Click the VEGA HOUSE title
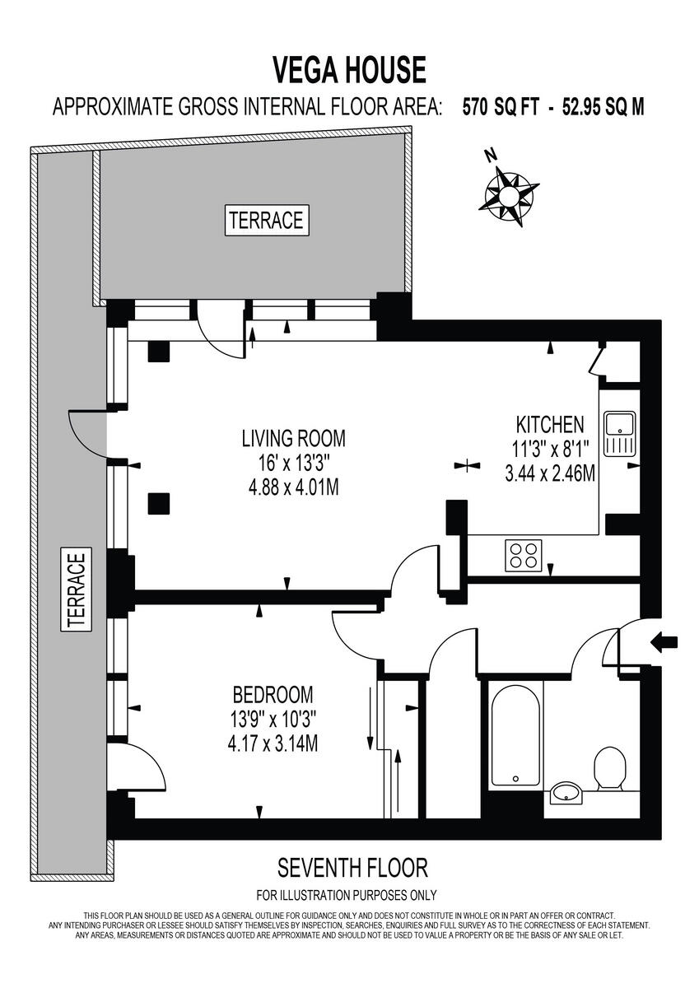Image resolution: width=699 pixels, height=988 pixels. point(349,69)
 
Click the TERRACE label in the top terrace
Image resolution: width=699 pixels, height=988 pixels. point(266,220)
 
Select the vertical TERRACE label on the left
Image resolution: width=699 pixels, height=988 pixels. point(76,591)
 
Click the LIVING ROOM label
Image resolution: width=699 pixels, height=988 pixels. point(293,437)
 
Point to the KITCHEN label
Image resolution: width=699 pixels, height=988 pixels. point(550,425)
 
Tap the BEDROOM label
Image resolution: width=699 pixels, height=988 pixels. point(273,693)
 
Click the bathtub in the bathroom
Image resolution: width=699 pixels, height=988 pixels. point(515,733)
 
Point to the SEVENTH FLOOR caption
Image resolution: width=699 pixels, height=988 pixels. point(352,867)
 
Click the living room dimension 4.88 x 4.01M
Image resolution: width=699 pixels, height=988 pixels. point(293,487)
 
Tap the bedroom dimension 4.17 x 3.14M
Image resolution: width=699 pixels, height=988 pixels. point(273,743)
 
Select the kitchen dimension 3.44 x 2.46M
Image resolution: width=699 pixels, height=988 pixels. point(550,474)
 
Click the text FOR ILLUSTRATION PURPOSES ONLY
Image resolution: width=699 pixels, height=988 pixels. point(347,895)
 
